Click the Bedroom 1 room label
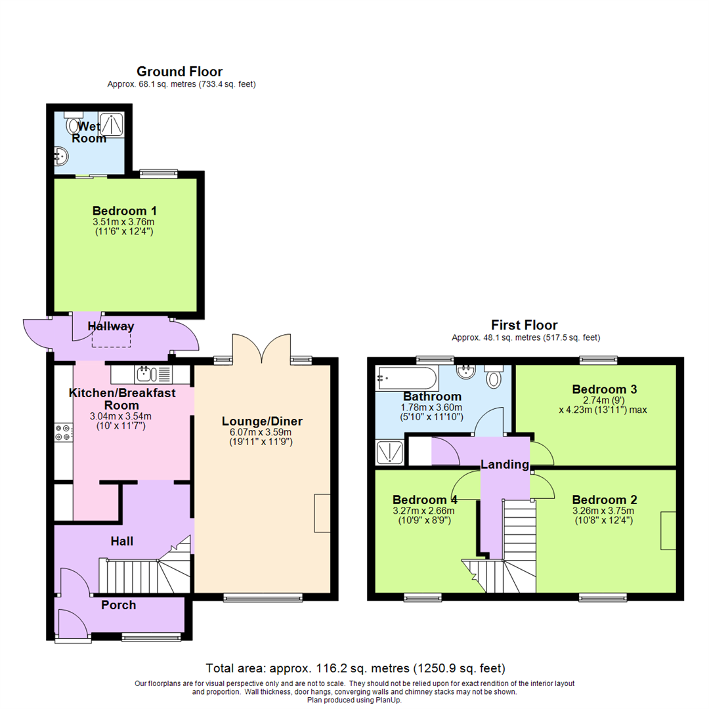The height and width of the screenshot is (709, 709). pos(124,211)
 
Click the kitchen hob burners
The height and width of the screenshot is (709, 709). pos(63,433)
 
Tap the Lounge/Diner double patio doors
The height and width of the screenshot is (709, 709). pos(261,348)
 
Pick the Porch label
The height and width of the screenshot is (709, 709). pos(118,605)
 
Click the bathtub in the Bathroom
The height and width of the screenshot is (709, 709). pos(406,378)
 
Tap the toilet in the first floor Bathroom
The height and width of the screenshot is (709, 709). pos(494,377)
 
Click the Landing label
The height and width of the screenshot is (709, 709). pos(504,465)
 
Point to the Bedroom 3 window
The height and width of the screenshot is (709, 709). pos(598,360)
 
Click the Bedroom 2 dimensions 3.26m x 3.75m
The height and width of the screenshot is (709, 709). pos(603,511)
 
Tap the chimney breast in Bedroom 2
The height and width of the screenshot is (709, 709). pos(668,530)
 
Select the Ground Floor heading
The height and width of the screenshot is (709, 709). pos(179,72)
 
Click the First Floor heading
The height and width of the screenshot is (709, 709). pos(525,325)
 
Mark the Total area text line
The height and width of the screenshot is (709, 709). pos(355,668)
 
